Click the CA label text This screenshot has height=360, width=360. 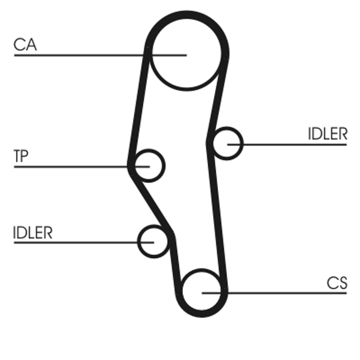point(25,45)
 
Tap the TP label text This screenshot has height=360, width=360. point(21,157)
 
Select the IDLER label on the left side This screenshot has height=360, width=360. point(33,233)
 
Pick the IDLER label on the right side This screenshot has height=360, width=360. point(328,134)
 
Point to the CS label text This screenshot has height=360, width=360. point(337,283)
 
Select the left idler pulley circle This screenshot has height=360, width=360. point(153,241)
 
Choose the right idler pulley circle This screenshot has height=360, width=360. point(227,144)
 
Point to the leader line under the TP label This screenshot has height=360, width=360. point(67,167)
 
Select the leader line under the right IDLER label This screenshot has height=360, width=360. point(292,144)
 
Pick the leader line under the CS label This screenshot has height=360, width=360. point(279,293)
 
